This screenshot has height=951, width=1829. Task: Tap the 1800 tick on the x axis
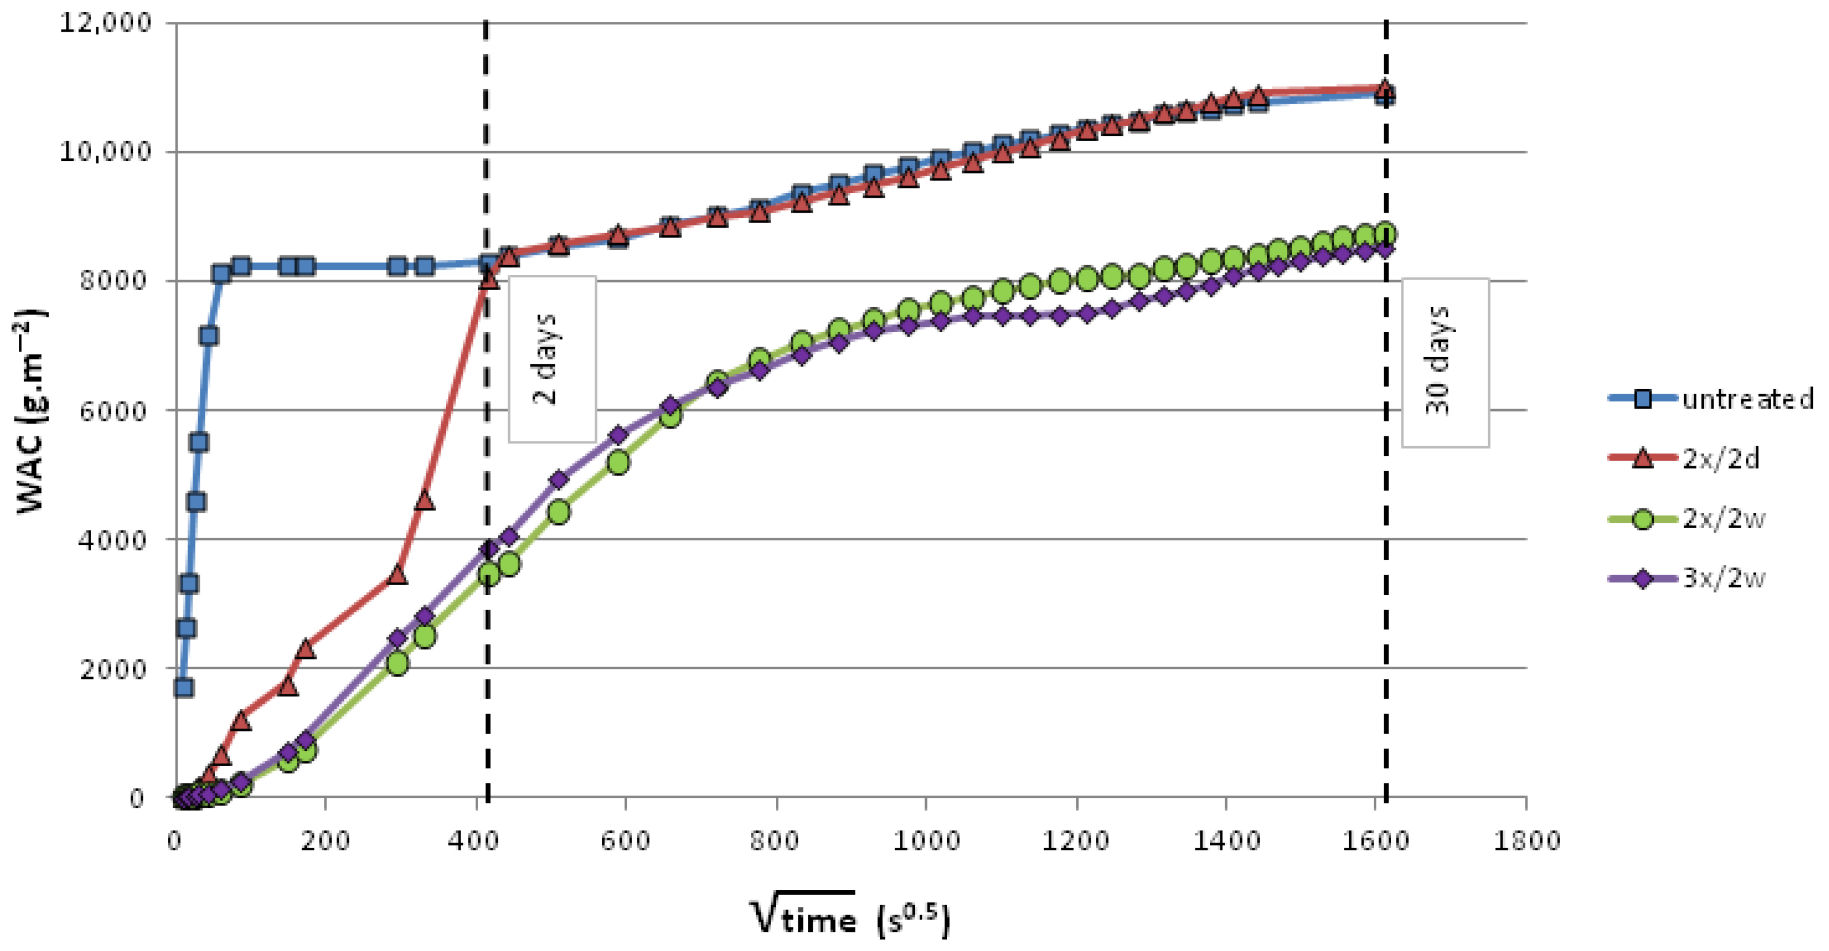click(x=1527, y=841)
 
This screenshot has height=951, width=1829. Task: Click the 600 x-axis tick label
click(x=625, y=841)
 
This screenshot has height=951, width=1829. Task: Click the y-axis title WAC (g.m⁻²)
click(x=30, y=410)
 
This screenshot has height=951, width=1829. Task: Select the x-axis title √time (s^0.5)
click(x=848, y=917)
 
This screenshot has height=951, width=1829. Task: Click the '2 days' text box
click(x=551, y=358)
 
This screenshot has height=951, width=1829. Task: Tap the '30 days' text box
click(x=1444, y=362)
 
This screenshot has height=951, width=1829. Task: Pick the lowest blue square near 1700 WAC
click(x=184, y=687)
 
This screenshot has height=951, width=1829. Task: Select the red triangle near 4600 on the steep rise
click(x=425, y=500)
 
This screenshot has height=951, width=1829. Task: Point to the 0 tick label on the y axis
click(x=136, y=798)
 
